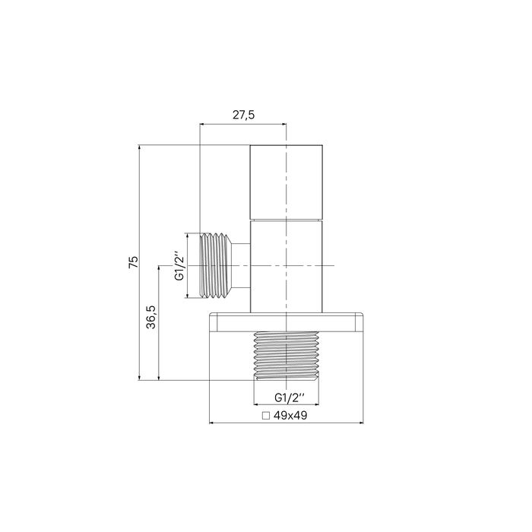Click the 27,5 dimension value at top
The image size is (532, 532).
click(242, 115)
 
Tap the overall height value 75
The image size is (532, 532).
click(132, 262)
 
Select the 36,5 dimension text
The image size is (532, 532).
click(151, 316)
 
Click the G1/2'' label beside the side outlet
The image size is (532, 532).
click(179, 266)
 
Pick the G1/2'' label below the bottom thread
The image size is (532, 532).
click(289, 397)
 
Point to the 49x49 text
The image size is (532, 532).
click(293, 416)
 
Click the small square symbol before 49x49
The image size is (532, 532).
click(265, 416)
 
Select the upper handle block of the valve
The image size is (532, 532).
click(287, 181)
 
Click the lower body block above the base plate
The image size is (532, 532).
click(287, 266)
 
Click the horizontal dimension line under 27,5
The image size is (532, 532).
click(242, 124)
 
